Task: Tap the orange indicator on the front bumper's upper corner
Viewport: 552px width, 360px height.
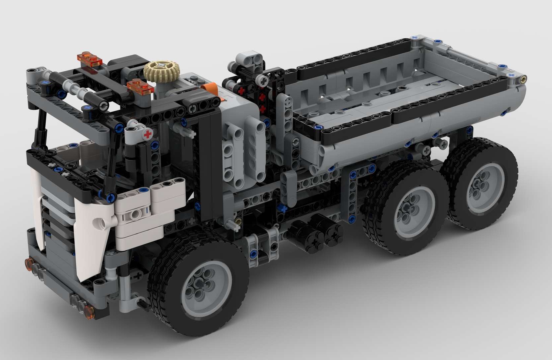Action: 28,263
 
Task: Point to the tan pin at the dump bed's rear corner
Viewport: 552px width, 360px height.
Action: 524,79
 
